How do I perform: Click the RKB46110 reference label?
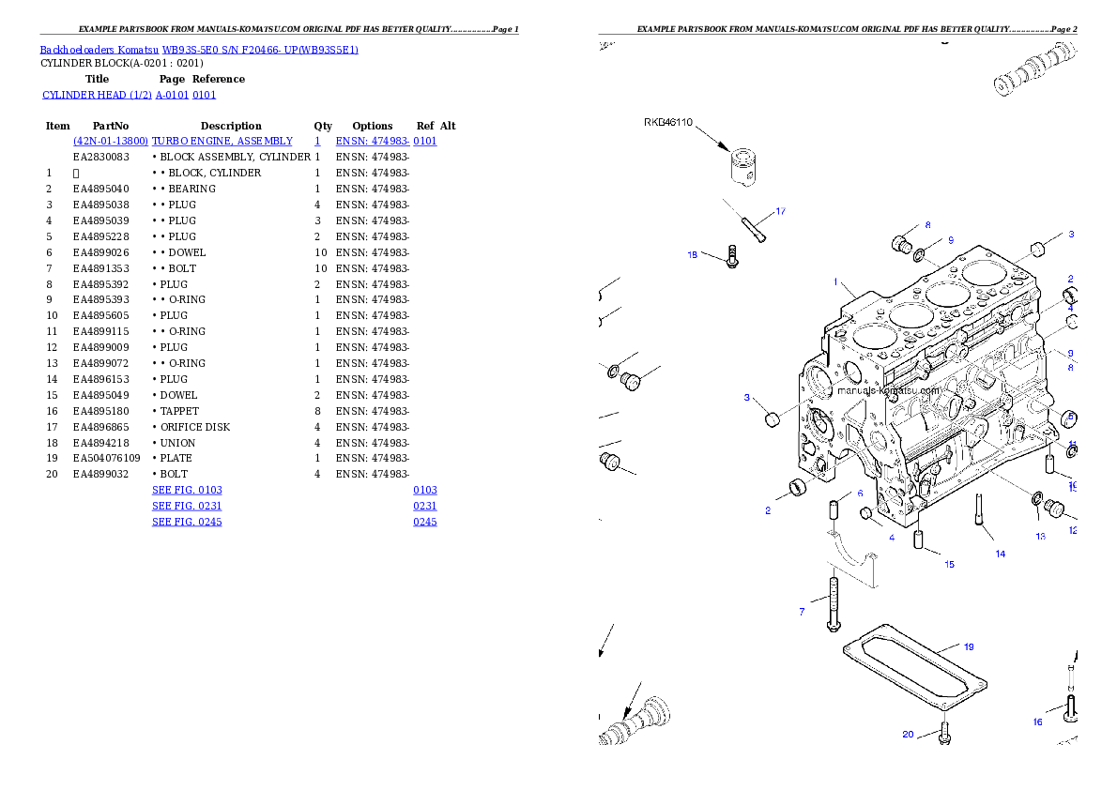pyautogui.click(x=668, y=122)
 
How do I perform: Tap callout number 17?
pyautogui.click(x=780, y=210)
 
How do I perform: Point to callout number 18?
pyautogui.click(x=693, y=254)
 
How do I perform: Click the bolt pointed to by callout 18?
pyautogui.click(x=732, y=256)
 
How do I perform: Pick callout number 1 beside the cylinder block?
pyautogui.click(x=834, y=281)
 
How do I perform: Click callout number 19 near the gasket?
pyautogui.click(x=969, y=646)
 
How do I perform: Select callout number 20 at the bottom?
pyautogui.click(x=908, y=734)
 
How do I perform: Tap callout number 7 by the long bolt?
pyautogui.click(x=802, y=612)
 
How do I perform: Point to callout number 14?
pyautogui.click(x=1000, y=555)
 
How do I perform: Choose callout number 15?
pyautogui.click(x=949, y=565)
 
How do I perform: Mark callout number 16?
pyautogui.click(x=1037, y=722)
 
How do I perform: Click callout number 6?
pyautogui.click(x=859, y=494)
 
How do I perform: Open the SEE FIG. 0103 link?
pyautogui.click(x=187, y=490)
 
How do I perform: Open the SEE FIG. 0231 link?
pyautogui.click(x=187, y=506)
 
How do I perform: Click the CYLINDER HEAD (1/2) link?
pyautogui.click(x=98, y=95)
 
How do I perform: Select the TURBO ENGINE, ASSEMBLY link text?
pyautogui.click(x=223, y=141)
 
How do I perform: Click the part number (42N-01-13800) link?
pyautogui.click(x=111, y=141)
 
